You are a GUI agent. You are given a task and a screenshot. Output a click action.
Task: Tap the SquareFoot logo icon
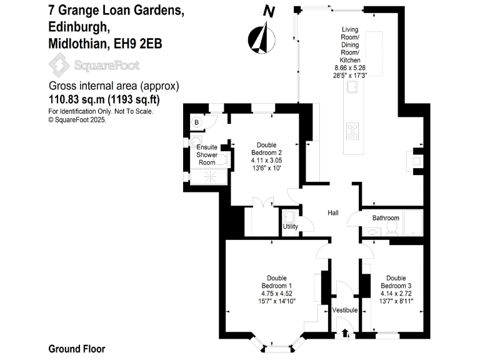tap(60, 65)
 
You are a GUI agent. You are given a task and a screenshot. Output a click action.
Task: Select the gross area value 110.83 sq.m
tap(77, 99)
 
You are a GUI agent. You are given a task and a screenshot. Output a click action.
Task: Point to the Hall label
tap(333, 213)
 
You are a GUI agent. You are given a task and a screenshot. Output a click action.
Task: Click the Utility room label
tap(290, 227)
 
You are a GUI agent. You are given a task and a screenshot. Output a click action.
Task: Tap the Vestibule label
tap(344, 311)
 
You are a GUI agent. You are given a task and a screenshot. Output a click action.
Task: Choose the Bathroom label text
tap(386, 218)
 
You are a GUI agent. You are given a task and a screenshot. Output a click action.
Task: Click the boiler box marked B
tap(196, 123)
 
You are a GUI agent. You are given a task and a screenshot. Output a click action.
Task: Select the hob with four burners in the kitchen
tap(353, 132)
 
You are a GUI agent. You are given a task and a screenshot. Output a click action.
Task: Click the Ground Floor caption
tap(76, 349)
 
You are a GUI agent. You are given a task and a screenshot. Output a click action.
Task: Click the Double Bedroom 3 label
tap(396, 282)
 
